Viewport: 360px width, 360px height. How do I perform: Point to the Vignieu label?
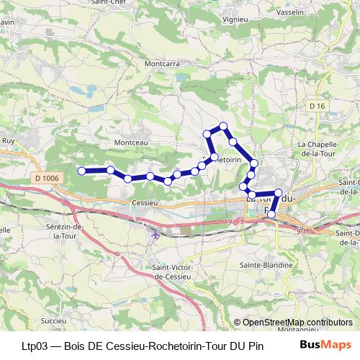tap(236, 19)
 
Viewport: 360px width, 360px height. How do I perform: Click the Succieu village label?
tap(53, 319)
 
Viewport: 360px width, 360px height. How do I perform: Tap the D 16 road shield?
tap(318, 107)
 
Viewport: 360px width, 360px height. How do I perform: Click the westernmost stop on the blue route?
tap(81, 171)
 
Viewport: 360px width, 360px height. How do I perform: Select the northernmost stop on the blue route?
tap(223, 126)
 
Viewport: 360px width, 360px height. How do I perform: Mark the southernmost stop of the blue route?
tap(271, 213)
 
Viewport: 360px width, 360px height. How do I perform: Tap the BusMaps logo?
tap(326, 345)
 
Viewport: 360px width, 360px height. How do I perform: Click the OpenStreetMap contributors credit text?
tap(292, 323)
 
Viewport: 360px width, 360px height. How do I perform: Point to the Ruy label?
tap(9, 141)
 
